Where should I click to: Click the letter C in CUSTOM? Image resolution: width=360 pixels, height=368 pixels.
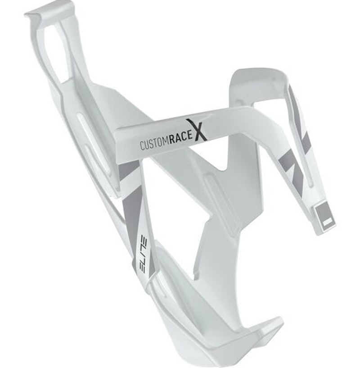(142, 147)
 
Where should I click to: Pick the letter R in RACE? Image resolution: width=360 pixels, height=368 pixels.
(172, 141)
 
